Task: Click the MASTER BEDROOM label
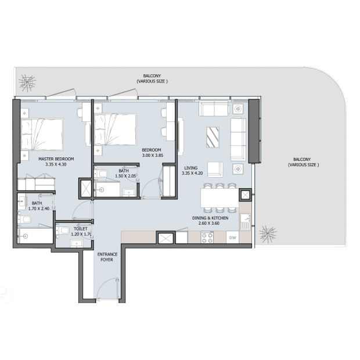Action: click(x=56, y=159)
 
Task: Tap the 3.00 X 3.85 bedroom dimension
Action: click(x=153, y=156)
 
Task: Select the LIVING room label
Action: click(x=191, y=168)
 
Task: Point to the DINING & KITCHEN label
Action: click(x=210, y=218)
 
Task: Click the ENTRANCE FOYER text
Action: click(x=107, y=257)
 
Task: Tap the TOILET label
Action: click(x=81, y=229)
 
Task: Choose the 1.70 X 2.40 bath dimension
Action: click(x=39, y=208)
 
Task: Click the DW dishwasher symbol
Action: click(x=233, y=237)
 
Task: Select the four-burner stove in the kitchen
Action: click(x=207, y=237)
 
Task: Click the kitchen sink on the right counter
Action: click(x=246, y=222)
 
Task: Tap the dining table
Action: click(x=219, y=198)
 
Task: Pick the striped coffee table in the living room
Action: click(x=213, y=137)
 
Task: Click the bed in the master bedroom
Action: click(x=42, y=134)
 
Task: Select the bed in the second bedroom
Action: click(x=115, y=129)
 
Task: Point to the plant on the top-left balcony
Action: click(x=27, y=83)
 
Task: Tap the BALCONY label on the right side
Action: click(x=303, y=162)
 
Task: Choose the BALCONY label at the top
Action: click(x=152, y=78)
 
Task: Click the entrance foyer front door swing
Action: click(x=108, y=289)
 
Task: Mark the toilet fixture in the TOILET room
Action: click(x=63, y=231)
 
